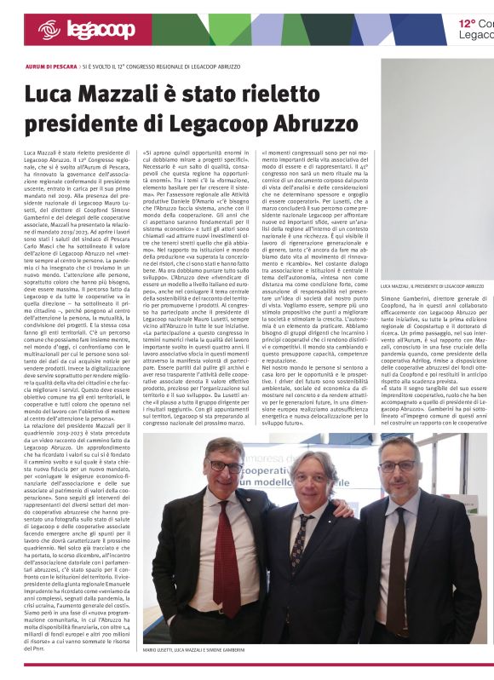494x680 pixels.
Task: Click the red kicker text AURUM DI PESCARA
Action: (52, 66)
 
